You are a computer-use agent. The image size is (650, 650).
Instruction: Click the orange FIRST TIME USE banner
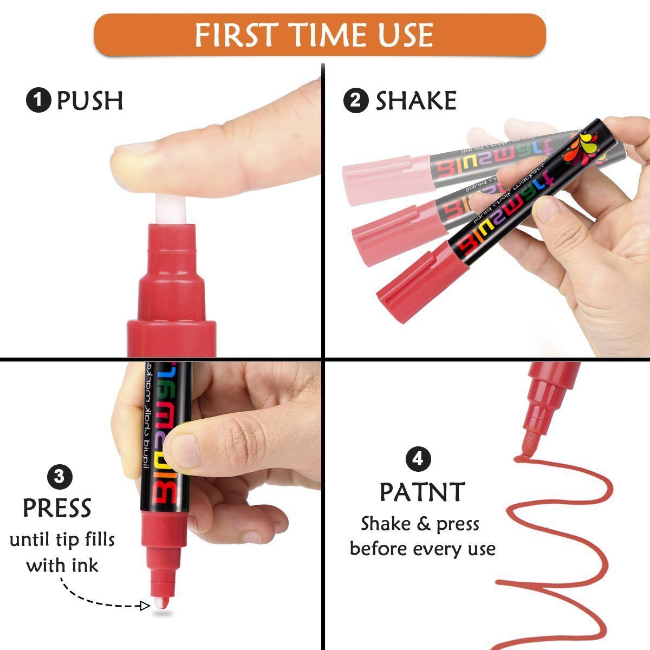(320, 35)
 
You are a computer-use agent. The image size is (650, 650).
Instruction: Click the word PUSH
(90, 101)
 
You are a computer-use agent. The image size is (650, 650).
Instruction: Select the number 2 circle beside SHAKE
(356, 101)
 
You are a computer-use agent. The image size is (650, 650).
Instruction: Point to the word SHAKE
(416, 101)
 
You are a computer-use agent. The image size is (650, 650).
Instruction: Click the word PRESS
(57, 508)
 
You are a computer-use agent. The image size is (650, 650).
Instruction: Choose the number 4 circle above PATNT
(418, 460)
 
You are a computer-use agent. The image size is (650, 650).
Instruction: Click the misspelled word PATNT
(422, 492)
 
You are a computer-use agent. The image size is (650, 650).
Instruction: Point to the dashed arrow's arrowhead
(145, 605)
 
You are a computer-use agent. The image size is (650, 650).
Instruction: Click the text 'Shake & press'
(420, 524)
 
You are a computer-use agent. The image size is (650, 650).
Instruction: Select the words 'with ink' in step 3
(62, 565)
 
